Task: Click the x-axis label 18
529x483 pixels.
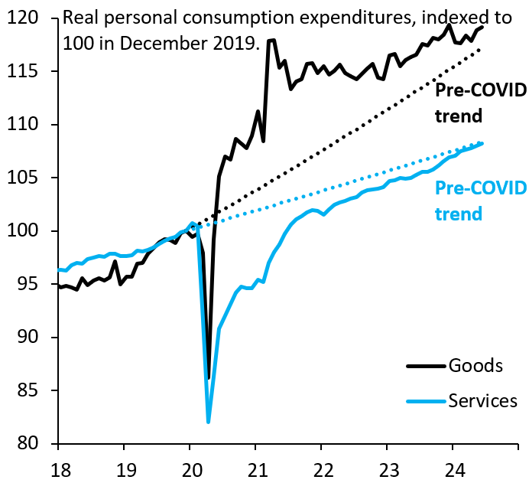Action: coord(58,466)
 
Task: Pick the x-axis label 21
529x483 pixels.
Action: coord(255,466)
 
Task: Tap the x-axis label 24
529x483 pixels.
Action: coord(453,466)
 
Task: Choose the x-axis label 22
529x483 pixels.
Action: coord(321,466)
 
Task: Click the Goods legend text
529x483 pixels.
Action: coord(477,365)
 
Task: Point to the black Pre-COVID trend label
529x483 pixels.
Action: coord(480,103)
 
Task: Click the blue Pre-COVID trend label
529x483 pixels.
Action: coord(480,201)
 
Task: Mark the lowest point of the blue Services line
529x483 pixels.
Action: coord(208,421)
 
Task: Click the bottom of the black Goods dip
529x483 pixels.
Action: coord(209,377)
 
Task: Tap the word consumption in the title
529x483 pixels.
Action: coord(244,18)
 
